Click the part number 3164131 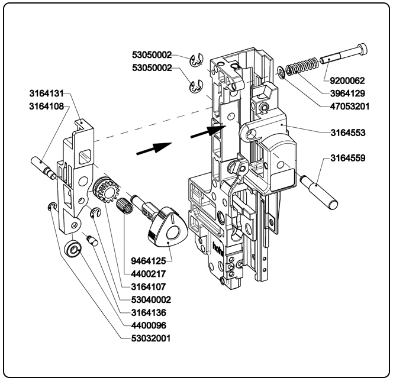47,93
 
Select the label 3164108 47,107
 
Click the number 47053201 346,106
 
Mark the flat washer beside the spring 280,73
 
